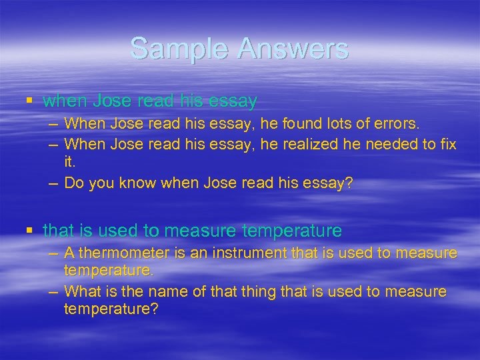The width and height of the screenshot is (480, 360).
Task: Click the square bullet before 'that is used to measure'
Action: click(29, 231)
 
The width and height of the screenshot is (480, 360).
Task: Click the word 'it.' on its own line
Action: click(69, 162)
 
